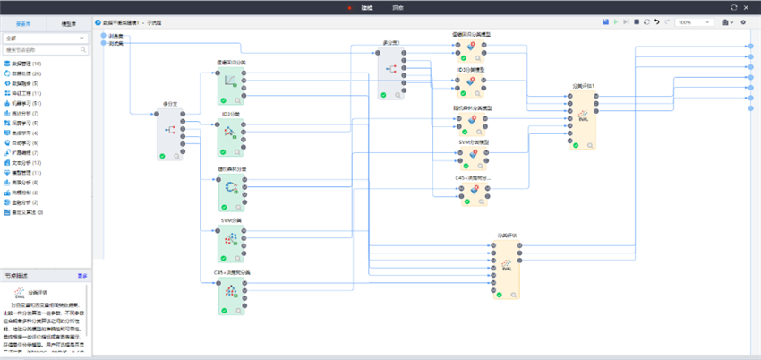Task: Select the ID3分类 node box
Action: tap(231, 133)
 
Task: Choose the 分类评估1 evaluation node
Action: tap(582, 118)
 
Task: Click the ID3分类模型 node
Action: tap(472, 85)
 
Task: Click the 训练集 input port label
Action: tap(115, 36)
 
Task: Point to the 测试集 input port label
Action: tap(115, 43)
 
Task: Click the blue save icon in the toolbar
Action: tap(606, 21)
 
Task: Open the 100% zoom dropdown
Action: tap(695, 21)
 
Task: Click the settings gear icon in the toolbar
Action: tap(743, 21)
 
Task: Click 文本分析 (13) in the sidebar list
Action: tap(28, 162)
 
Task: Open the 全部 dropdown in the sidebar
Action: tap(44, 39)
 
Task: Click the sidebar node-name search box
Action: tap(44, 50)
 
